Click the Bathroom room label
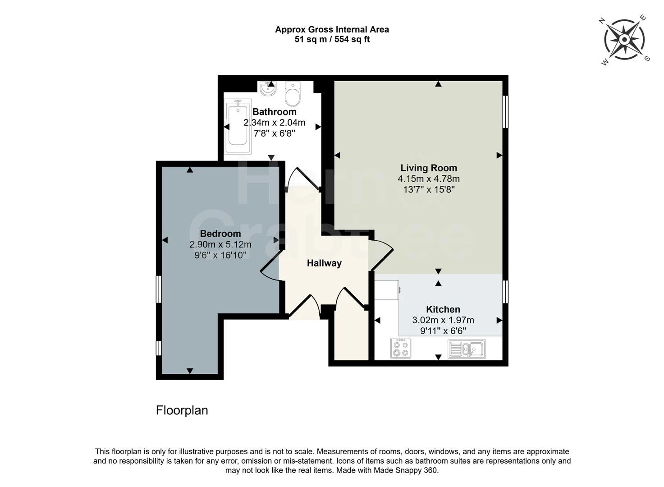[x=274, y=112]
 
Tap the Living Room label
[x=429, y=168]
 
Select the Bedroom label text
[x=220, y=234]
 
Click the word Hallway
[x=324, y=263]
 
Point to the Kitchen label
[x=443, y=309]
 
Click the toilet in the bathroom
[x=292, y=93]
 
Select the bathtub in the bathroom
[x=238, y=127]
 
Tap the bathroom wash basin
[x=268, y=88]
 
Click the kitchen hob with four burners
[x=400, y=348]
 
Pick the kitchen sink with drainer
[x=467, y=349]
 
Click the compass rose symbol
[x=624, y=39]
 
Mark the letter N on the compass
[x=602, y=20]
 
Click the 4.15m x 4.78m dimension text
[x=429, y=179]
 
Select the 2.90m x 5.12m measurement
[x=220, y=244]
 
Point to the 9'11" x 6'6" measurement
[x=443, y=331]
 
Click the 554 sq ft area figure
[x=352, y=39]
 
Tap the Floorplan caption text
[x=182, y=410]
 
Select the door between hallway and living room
[x=381, y=255]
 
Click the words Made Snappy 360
[x=405, y=470]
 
